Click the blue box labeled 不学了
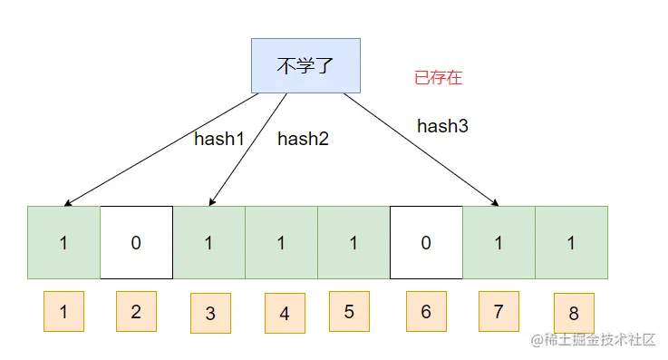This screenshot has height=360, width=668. pos(305,65)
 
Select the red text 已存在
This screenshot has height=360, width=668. pos(438,78)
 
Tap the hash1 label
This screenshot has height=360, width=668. pos(219,139)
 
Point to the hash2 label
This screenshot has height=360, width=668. pos(303,139)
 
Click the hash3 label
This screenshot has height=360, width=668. pos(442,127)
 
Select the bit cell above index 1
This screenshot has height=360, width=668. pos(63,242)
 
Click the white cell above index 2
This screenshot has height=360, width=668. pos(136,242)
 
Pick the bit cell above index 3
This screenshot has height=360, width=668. pos(208,242)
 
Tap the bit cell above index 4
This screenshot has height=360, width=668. pos(281,242)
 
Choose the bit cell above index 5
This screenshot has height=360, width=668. pos(353,242)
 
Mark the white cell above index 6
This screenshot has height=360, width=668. pos(426,242)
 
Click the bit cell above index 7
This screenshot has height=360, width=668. pos(499,242)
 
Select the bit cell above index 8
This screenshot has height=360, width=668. pos(571,242)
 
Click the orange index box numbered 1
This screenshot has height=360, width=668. pos(63,311)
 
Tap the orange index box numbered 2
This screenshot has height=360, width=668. pos(136,311)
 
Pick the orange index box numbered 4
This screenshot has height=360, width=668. pos(285,313)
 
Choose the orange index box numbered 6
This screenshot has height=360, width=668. pos(426,311)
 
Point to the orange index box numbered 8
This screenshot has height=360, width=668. pos(574,313)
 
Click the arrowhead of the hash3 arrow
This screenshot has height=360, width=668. pos(498,203)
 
